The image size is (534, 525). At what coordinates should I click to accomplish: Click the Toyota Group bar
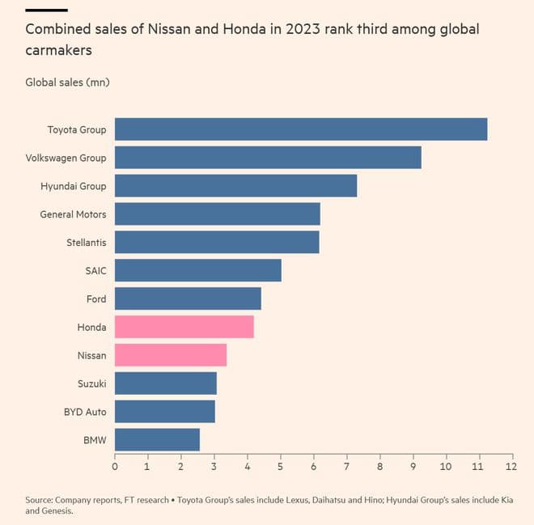[301, 129]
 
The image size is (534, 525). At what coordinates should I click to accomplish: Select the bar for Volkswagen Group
[268, 158]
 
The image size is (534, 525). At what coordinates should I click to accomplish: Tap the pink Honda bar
[184, 327]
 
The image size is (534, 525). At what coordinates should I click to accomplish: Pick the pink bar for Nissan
[171, 355]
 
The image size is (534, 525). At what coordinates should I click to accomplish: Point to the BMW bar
[157, 440]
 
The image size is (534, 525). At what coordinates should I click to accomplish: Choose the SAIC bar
[198, 270]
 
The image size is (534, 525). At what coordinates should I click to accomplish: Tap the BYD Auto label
[85, 412]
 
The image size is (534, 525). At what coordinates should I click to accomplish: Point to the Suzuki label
[91, 383]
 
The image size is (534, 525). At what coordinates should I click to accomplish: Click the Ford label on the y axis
[96, 299]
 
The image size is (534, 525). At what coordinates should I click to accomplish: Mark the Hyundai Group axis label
[73, 186]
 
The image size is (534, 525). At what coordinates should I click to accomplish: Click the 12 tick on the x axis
[511, 467]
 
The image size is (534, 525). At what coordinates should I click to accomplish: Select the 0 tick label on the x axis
[115, 467]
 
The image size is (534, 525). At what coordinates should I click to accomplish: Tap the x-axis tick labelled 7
[346, 467]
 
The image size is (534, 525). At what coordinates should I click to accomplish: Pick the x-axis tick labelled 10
[445, 467]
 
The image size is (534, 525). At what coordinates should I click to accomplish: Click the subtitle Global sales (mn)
[67, 83]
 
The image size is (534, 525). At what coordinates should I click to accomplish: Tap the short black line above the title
[46, 10]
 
